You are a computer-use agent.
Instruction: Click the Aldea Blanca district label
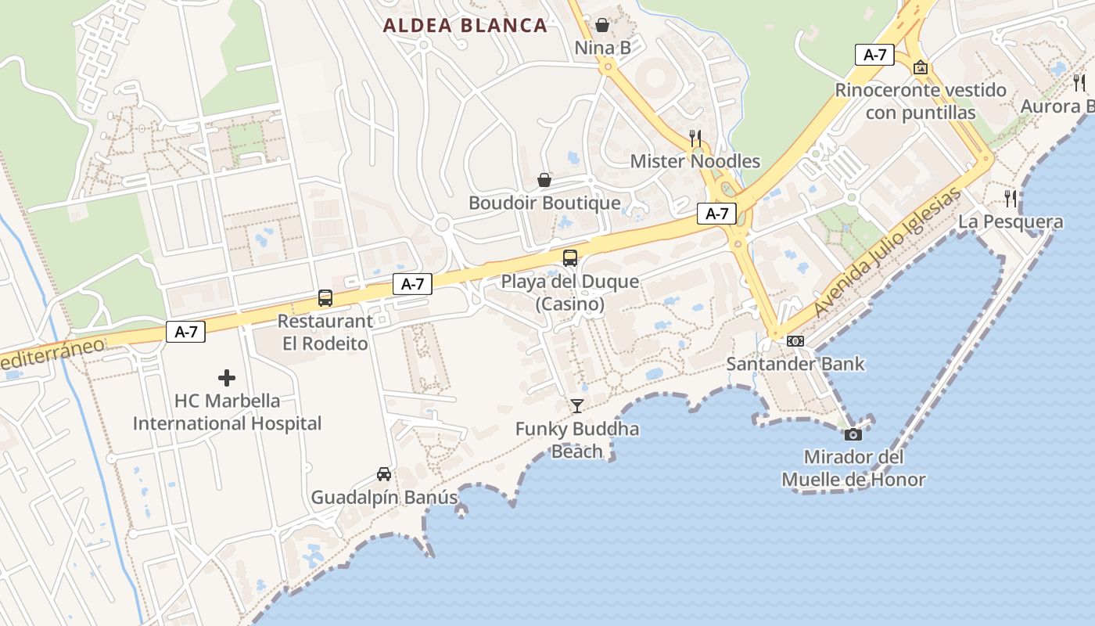[465, 25]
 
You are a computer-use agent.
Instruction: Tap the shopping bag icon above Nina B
[601, 25]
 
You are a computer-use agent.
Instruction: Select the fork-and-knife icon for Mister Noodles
[695, 139]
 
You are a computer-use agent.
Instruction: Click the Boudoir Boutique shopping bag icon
[544, 181]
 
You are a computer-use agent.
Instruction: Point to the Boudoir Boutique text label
[544, 203]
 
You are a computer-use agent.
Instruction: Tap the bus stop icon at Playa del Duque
[570, 257]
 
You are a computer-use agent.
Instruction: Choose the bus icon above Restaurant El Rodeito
[325, 298]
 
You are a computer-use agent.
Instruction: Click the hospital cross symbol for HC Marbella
[227, 379]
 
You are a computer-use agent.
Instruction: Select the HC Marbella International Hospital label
[227, 412]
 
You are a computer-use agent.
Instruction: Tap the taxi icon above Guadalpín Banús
[384, 474]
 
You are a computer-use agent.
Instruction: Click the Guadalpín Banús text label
[384, 498]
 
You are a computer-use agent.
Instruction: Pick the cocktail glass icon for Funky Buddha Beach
[577, 405]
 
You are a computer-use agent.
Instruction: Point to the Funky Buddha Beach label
[577, 440]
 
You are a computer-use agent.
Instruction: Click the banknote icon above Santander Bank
[795, 341]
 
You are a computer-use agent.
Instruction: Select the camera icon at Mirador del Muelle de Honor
[853, 434]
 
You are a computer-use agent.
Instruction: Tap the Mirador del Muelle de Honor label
[853, 468]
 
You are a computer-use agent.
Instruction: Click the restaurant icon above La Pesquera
[1011, 198]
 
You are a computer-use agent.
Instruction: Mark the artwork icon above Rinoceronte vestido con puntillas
[921, 67]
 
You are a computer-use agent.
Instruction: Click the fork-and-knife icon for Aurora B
[1079, 82]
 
